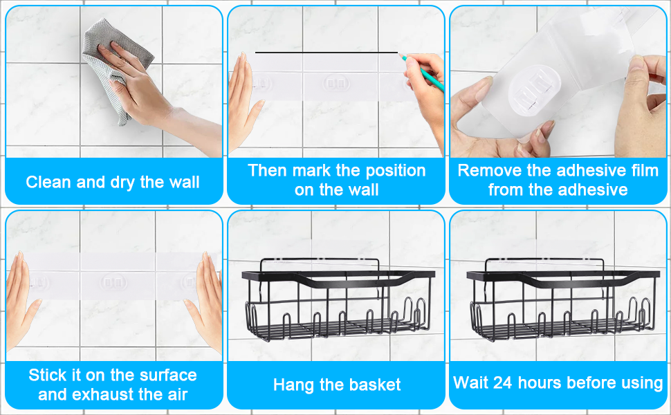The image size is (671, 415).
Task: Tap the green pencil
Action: click(422, 72)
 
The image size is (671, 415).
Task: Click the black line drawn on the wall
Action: click(327, 53)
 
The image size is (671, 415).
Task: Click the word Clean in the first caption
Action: click(49, 183)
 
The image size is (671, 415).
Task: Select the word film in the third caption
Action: click(645, 171)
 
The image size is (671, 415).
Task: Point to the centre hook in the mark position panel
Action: click(335, 83)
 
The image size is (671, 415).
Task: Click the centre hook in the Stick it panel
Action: click(113, 282)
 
